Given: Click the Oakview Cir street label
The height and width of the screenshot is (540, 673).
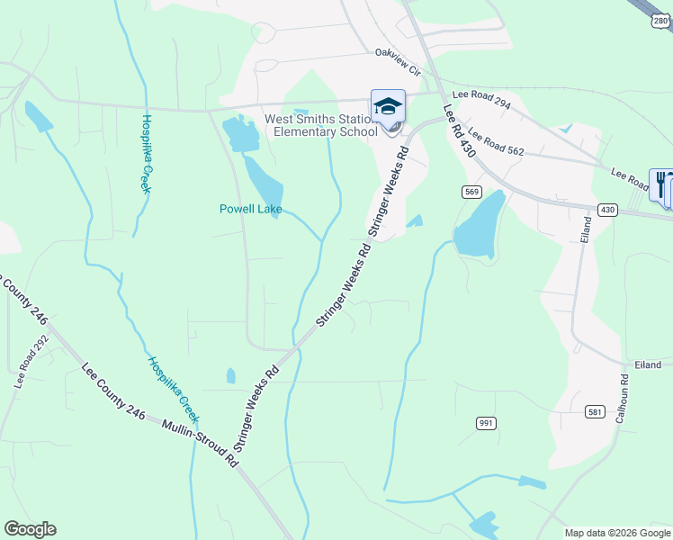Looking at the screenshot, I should pyautogui.click(x=398, y=55).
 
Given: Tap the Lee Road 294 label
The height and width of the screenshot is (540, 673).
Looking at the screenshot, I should pyautogui.click(x=481, y=99).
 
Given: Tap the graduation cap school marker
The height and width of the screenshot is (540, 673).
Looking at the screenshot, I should pyautogui.click(x=389, y=106).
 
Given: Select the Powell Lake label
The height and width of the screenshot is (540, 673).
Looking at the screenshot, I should pyautogui.click(x=251, y=210).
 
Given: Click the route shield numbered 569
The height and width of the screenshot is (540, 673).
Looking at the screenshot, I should pyautogui.click(x=472, y=192).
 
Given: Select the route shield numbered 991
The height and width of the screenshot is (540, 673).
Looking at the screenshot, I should pyautogui.click(x=486, y=422).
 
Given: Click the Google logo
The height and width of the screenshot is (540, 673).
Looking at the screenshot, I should pyautogui.click(x=30, y=529).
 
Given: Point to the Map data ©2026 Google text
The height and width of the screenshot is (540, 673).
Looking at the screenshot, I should pyautogui.click(x=616, y=533).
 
